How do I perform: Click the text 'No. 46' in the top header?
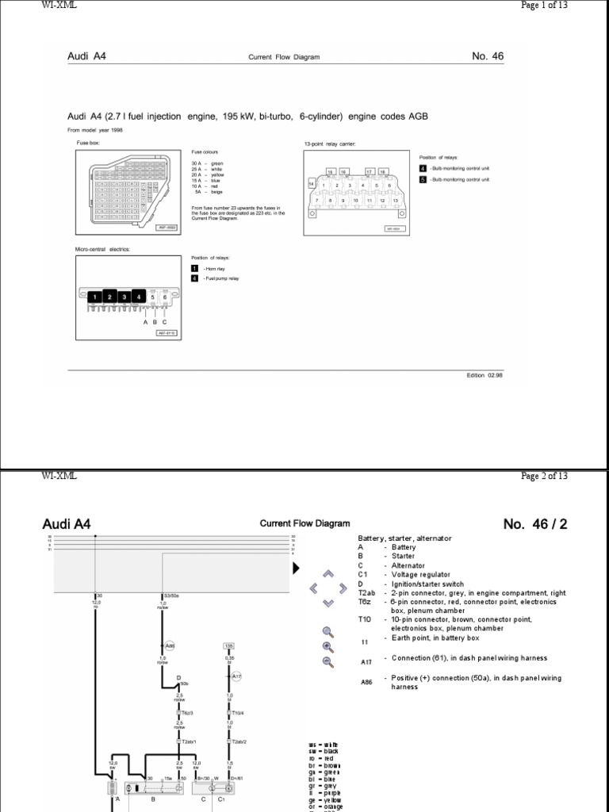pyautogui.click(x=487, y=56)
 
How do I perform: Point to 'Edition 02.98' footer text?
pyautogui.click(x=484, y=375)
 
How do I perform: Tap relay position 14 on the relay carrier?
pyautogui.click(x=312, y=184)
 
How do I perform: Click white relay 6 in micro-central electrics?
pyautogui.click(x=164, y=297)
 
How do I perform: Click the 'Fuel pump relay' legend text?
pyautogui.click(x=222, y=279)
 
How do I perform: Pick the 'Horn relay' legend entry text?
pyautogui.click(x=216, y=269)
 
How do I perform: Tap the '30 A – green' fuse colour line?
pyautogui.click(x=208, y=163)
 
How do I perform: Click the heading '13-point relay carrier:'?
pyautogui.click(x=330, y=144)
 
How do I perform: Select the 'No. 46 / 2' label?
pyautogui.click(x=535, y=524)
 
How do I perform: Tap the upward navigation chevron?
pyautogui.click(x=329, y=574)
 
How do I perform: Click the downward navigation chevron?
pyautogui.click(x=329, y=603)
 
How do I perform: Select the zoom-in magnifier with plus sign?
pyautogui.click(x=327, y=646)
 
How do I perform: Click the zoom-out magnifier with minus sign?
pyautogui.click(x=327, y=661)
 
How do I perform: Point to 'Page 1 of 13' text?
pyautogui.click(x=544, y=5)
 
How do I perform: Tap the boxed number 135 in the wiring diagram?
pyautogui.click(x=229, y=646)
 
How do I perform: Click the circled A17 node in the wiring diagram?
pyautogui.click(x=236, y=676)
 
